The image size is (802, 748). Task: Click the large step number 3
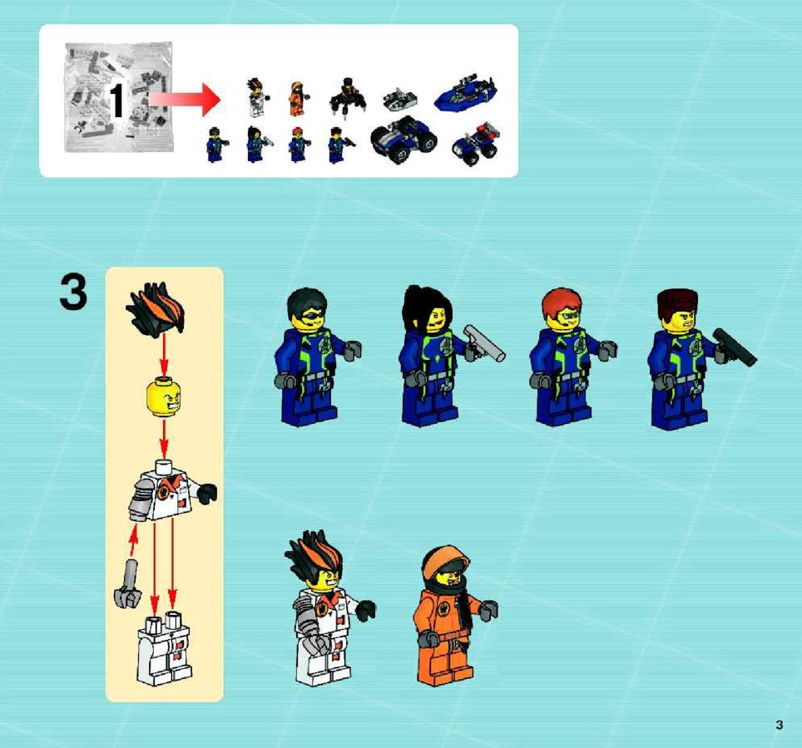pos(73,292)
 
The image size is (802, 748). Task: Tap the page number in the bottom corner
pos(779,725)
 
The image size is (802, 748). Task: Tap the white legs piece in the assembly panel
pos(164,649)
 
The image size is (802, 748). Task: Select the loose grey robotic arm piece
pos(127,584)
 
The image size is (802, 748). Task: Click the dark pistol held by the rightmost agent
pos(735,347)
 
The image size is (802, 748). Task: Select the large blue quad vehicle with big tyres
pos(404,137)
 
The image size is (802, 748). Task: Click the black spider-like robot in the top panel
pos(348,97)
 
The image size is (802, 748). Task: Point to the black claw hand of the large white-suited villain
pos(365,610)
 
